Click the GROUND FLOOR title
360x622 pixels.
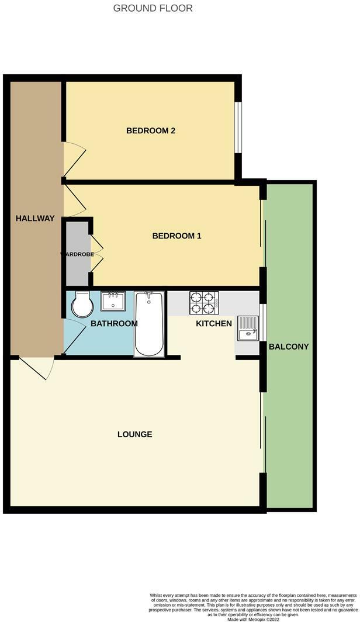[153, 8]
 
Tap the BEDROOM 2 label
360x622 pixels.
[151, 131]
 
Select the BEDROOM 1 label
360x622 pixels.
[176, 236]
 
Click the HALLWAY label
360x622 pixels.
[35, 219]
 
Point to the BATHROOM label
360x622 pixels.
[114, 323]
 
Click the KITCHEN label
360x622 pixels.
[214, 323]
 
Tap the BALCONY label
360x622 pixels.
[289, 347]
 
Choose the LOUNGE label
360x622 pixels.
[135, 434]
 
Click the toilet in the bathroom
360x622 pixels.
[82, 304]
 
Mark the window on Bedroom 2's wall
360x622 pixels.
[238, 128]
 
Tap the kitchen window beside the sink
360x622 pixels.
[263, 322]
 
